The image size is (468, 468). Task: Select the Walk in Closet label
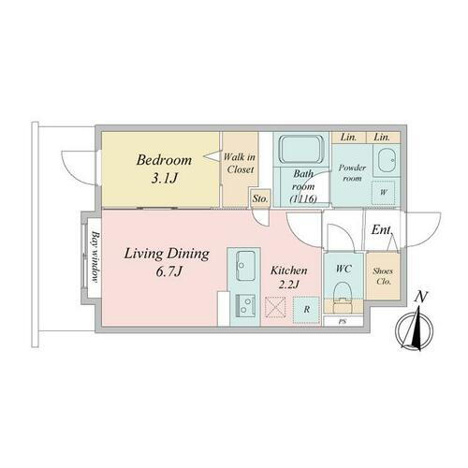click(x=239, y=166)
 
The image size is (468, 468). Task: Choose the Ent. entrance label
click(x=381, y=229)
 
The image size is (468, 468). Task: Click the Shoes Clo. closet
click(x=382, y=277)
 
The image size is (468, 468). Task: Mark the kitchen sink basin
click(x=247, y=266)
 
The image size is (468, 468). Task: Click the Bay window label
click(x=95, y=254)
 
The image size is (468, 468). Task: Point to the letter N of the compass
click(x=422, y=298)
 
